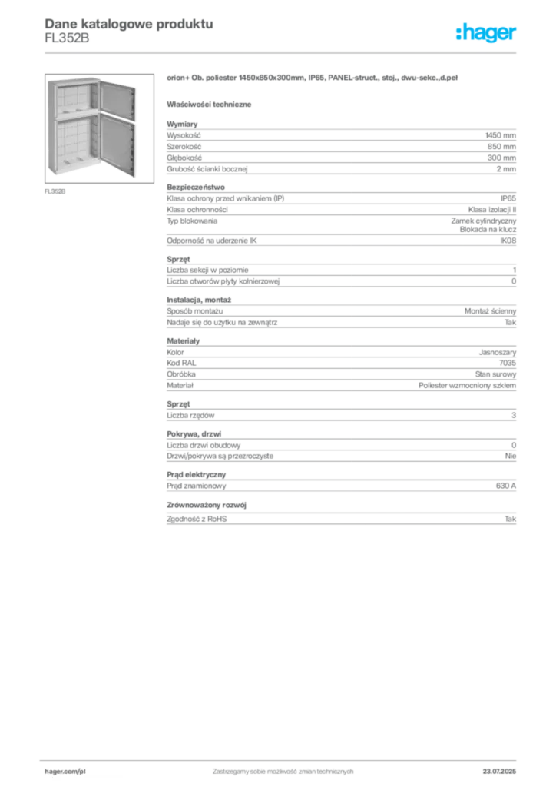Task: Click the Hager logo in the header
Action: tap(486, 33)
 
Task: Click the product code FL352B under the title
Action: tap(67, 38)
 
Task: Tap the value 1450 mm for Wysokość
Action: tap(501, 135)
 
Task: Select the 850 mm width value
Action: tap(501, 147)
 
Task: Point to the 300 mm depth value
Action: tap(501, 158)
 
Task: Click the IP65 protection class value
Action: tap(508, 198)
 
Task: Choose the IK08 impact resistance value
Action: tap(508, 241)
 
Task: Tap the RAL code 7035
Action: tap(508, 363)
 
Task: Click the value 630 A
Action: tap(506, 486)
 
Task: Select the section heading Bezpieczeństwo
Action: tap(196, 188)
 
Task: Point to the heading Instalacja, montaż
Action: tap(199, 301)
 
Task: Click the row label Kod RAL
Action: tap(181, 363)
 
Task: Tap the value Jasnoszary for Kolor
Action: tap(498, 352)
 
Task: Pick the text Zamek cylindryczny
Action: tap(483, 221)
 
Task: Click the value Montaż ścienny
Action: tap(490, 311)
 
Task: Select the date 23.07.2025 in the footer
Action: tap(499, 772)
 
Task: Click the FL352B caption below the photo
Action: tap(55, 191)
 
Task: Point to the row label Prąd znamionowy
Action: tap(196, 486)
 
